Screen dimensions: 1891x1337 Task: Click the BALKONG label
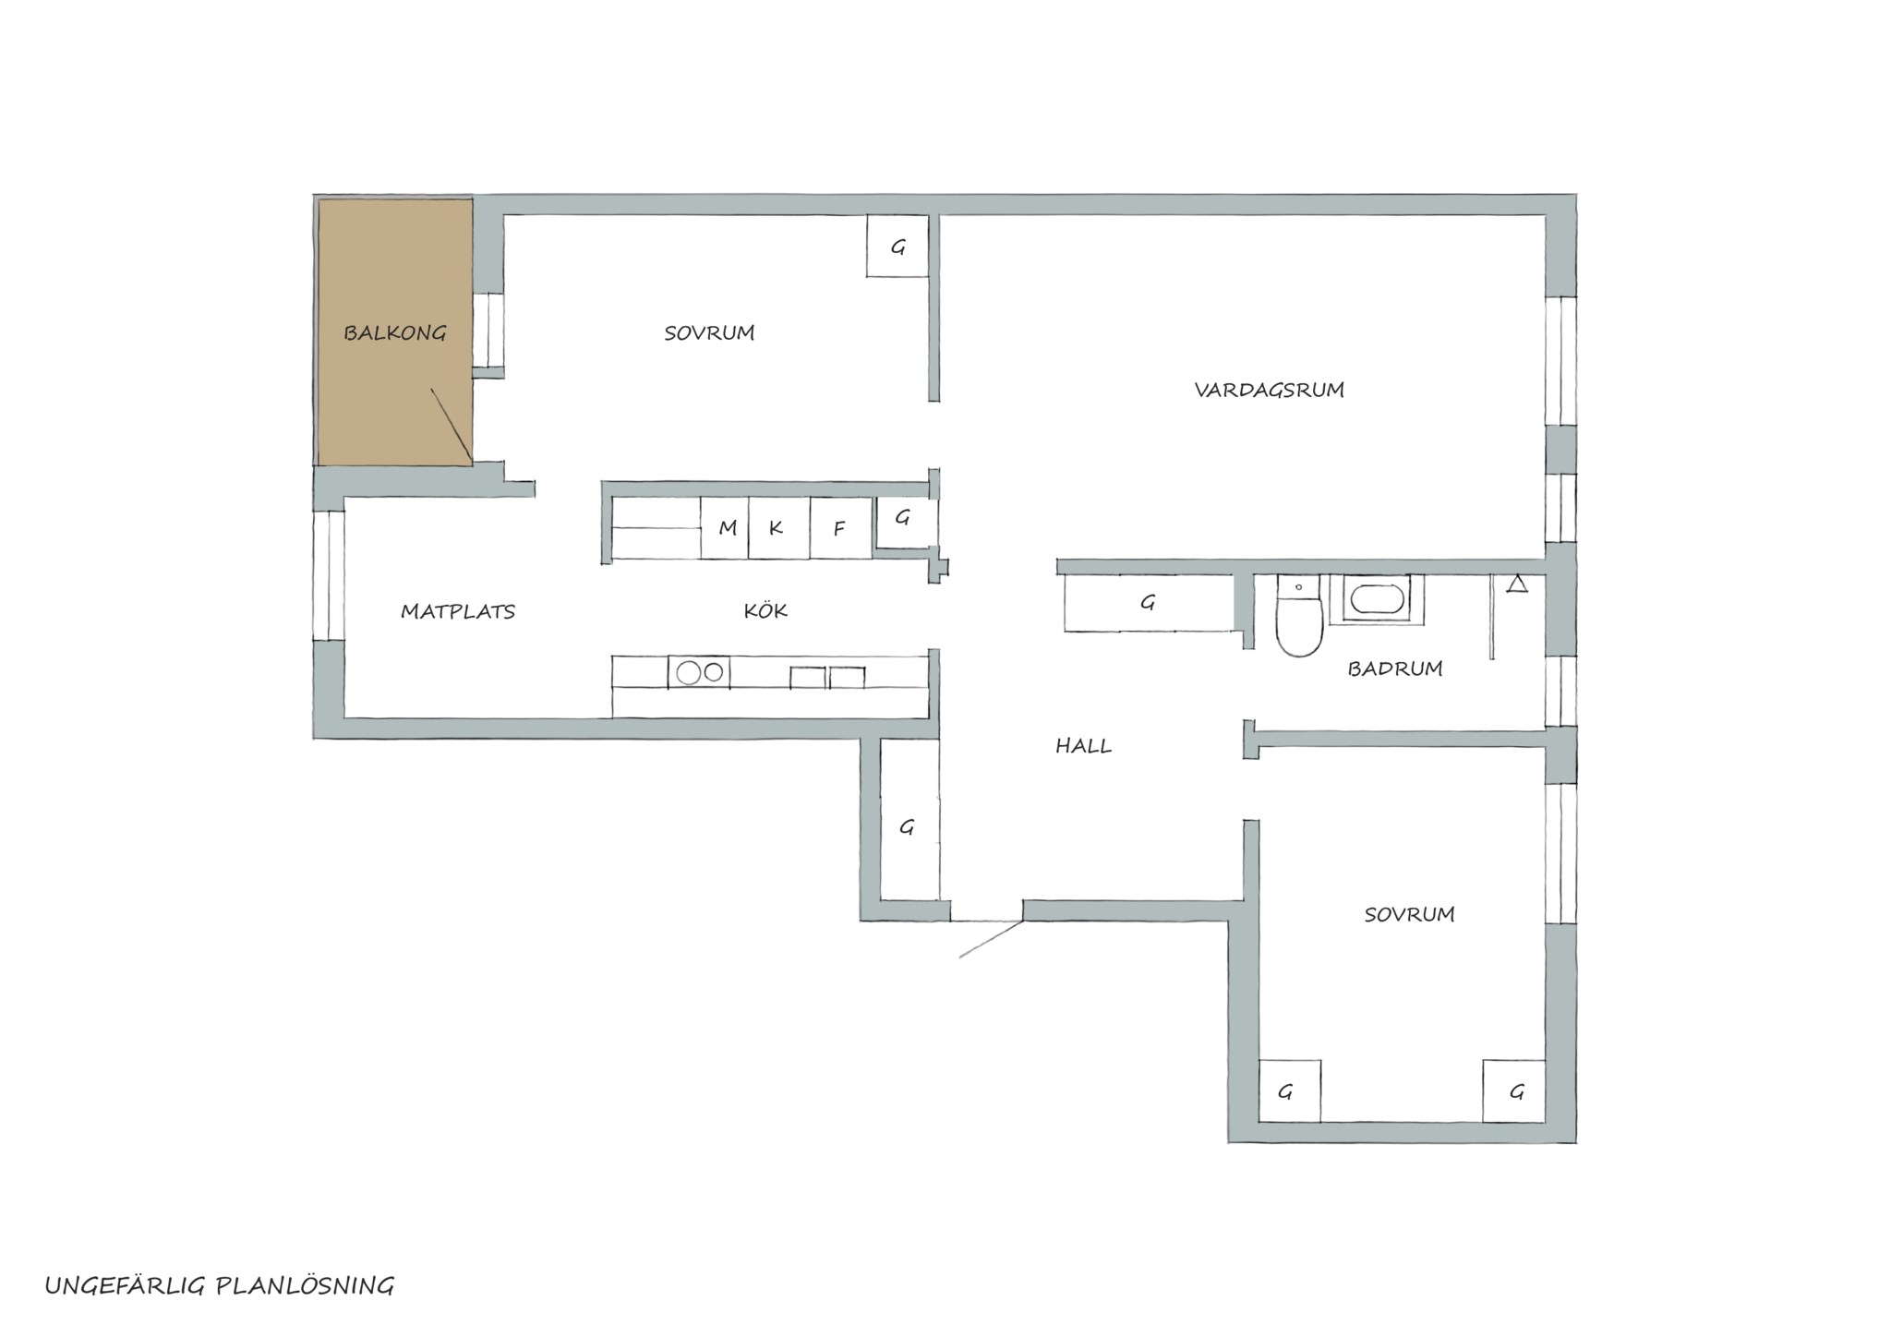coord(395,332)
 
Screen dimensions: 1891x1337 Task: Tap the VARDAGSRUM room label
coord(1269,390)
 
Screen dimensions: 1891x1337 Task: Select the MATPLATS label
coord(458,611)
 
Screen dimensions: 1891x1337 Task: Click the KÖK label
coord(765,609)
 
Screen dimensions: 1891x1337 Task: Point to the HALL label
coord(1083,746)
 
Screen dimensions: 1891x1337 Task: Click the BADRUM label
coord(1394,668)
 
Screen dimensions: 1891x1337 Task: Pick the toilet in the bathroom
coord(1299,615)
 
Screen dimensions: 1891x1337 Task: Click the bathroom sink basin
coord(1376,599)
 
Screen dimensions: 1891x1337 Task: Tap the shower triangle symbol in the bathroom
coord(1517,584)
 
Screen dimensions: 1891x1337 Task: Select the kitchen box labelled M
coord(724,528)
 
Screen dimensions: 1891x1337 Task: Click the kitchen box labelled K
coord(778,528)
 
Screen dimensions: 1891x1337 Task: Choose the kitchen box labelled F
coord(840,528)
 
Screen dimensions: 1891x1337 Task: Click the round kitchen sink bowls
coord(699,672)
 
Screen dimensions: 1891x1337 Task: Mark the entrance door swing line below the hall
coord(991,939)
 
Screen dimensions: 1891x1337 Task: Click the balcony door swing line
coord(452,426)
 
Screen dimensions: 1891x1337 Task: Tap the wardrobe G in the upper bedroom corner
coord(897,246)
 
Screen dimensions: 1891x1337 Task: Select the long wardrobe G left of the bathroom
coord(1149,603)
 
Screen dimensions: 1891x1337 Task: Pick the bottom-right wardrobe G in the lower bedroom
coord(1514,1091)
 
